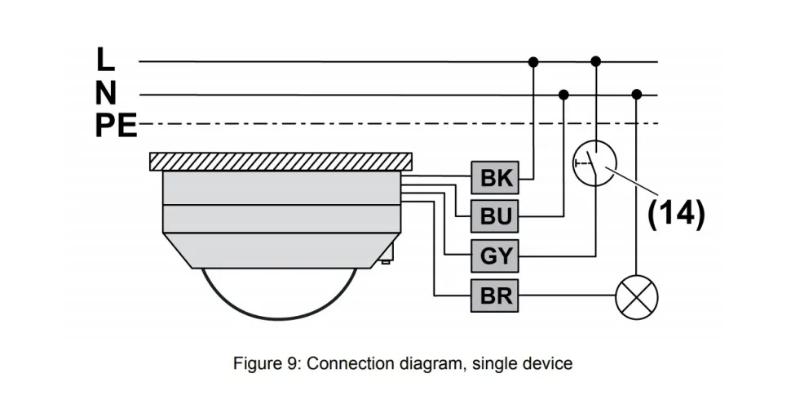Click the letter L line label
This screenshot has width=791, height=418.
[105, 60]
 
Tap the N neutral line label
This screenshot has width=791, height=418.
[105, 93]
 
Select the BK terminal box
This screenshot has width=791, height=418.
[495, 178]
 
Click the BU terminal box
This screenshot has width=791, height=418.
[495, 217]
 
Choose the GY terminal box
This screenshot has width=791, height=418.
[495, 256]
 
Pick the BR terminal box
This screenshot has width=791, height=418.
[495, 296]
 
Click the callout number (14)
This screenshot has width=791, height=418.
[675, 212]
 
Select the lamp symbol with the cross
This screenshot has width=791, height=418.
[636, 296]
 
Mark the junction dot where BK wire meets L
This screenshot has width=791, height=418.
[533, 61]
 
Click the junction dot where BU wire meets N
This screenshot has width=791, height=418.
[563, 95]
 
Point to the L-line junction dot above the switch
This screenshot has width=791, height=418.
[596, 61]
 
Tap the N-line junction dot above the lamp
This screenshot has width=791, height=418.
[636, 95]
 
